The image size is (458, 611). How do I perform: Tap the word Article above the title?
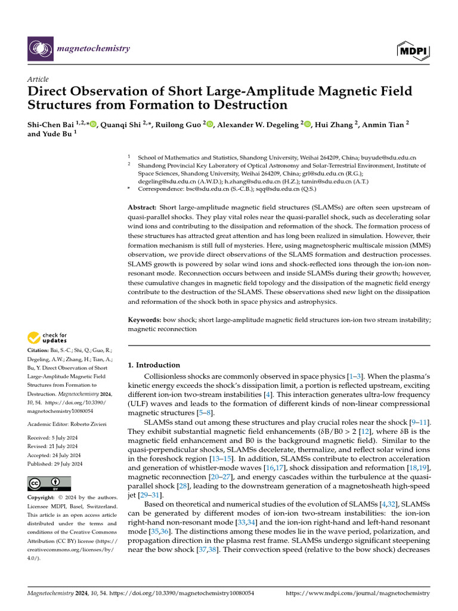point(38,79)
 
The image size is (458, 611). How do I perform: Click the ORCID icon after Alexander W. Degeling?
point(308,124)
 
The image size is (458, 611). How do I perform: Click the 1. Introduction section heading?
point(154,365)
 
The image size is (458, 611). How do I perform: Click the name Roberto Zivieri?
point(91,424)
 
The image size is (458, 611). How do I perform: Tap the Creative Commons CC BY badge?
point(49,483)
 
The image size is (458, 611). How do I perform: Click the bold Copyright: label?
point(44,498)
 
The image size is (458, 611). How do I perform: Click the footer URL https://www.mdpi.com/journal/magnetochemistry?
point(358,594)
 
